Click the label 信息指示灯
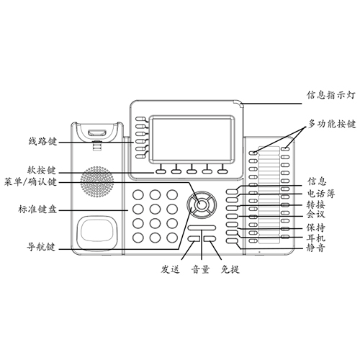coord(330,95)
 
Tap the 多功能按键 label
coord(332,124)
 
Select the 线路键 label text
coord(42,141)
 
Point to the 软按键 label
coord(42,170)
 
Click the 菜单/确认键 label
coord(30,182)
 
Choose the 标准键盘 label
coord(37,210)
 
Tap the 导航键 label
coord(41,247)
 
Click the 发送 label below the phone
coord(171,269)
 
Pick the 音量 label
coord(201,269)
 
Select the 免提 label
coord(230,269)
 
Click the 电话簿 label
coord(321,194)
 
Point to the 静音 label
coord(316,248)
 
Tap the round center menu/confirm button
coord(202,204)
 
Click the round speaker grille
coord(97,181)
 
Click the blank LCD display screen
coord(192,139)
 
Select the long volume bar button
coord(202,228)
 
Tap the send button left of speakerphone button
coord(194,238)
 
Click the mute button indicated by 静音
coord(232,240)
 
